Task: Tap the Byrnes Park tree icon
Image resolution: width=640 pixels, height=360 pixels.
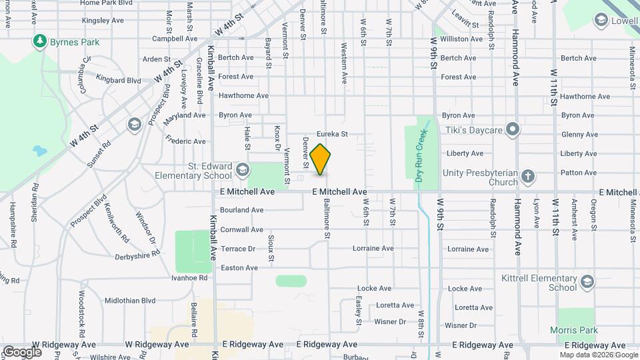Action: coord(41,42)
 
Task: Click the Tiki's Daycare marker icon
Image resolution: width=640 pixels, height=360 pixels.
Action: coord(512,129)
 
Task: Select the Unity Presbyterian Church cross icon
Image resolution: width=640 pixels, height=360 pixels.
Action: coord(527,176)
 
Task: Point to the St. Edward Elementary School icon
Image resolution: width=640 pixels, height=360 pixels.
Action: coord(242,169)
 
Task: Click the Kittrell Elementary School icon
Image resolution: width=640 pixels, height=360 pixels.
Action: coord(587,281)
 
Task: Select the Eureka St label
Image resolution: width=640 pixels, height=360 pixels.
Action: coord(332,134)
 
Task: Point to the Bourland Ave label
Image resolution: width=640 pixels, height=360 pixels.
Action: coord(242,210)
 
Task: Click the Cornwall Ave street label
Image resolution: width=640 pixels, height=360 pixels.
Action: coord(242,229)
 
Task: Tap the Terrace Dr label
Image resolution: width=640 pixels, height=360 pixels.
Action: coord(238,249)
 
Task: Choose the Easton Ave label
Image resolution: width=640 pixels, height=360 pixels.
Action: coord(239,268)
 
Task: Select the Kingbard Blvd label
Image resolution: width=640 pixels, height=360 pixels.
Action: coord(119,80)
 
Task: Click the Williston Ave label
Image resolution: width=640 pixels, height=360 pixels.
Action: coord(461,39)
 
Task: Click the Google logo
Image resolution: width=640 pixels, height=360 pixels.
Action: coord(22,351)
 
